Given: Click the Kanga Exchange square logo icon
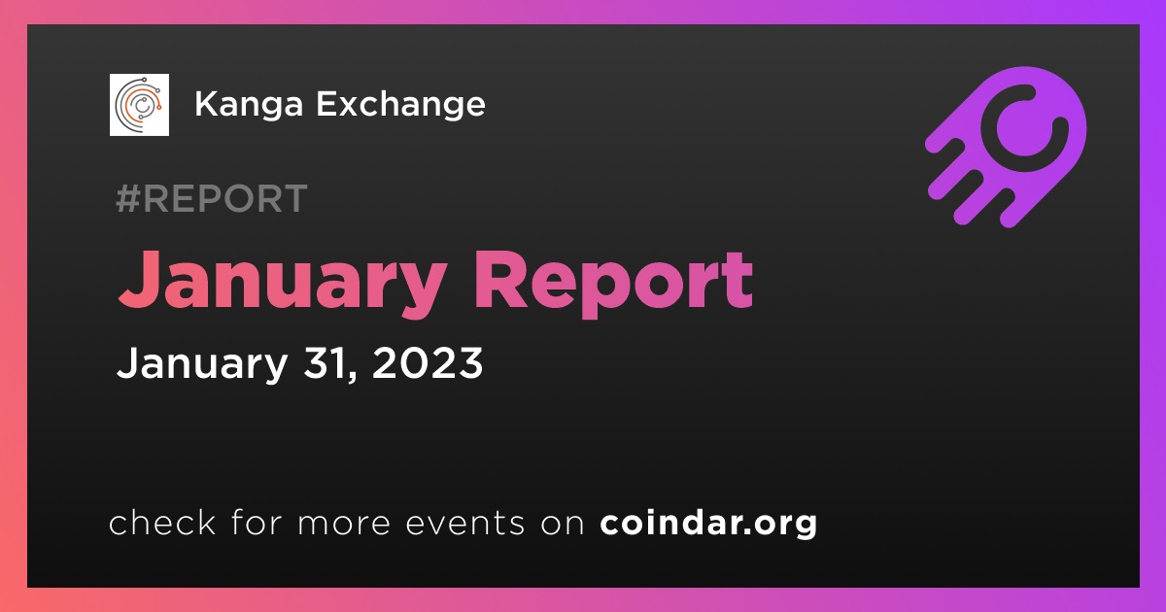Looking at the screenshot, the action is click(139, 105).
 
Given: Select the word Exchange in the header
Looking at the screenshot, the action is click(400, 104).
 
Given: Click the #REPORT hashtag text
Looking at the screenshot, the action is click(212, 198).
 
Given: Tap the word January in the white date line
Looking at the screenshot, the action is click(202, 364).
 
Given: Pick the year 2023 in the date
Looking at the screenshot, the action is click(428, 362).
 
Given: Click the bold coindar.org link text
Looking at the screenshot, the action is click(708, 523).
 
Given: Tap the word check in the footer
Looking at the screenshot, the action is click(162, 522).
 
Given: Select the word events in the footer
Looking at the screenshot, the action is click(464, 524).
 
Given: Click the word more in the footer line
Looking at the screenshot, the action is click(344, 525).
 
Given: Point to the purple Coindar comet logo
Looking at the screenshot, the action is click(1006, 147).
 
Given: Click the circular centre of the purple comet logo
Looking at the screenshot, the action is click(1024, 128).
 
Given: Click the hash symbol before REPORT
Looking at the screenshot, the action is click(128, 198).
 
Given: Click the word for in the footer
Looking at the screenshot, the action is click(257, 522).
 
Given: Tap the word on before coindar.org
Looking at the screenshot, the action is click(563, 525).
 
